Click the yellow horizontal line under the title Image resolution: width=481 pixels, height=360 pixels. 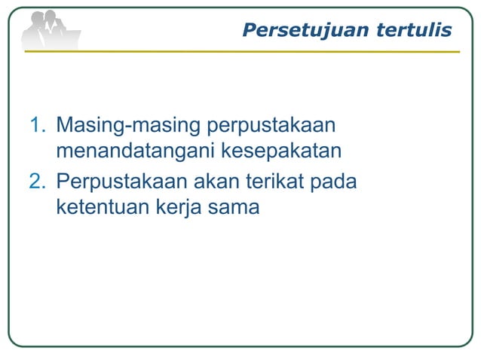click(241, 52)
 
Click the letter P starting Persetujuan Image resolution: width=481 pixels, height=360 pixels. click(250, 30)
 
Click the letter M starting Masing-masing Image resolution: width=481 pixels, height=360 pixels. click(65, 124)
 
